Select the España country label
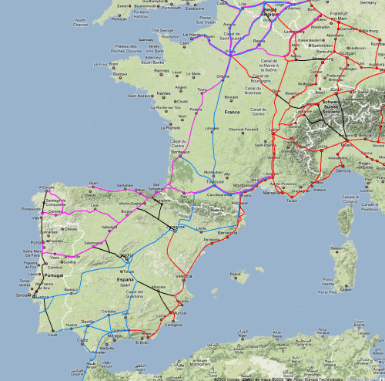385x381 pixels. coord(125,280)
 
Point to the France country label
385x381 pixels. coord(232,113)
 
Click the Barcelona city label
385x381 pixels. coord(228,232)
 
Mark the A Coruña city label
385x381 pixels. coord(48,187)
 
